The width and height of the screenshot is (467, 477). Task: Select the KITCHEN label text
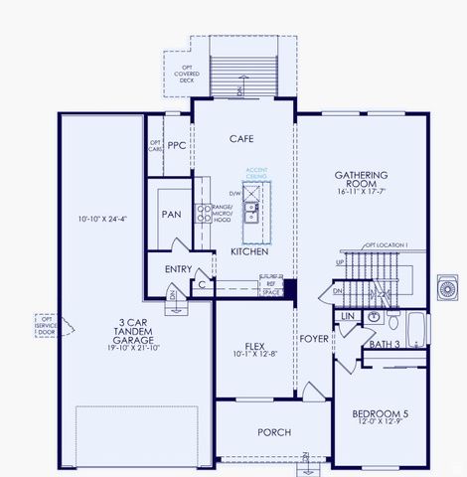click(x=249, y=252)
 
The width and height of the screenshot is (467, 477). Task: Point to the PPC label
click(x=177, y=145)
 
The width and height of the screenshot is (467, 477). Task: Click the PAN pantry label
click(x=170, y=214)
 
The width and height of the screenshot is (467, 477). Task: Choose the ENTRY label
click(x=164, y=269)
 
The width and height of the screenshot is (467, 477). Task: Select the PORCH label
click(x=273, y=432)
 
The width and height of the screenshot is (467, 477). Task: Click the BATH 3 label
click(x=384, y=345)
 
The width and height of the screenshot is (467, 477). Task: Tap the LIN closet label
click(x=347, y=316)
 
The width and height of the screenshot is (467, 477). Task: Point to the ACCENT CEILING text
click(x=257, y=173)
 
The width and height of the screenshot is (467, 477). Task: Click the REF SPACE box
click(x=269, y=288)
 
